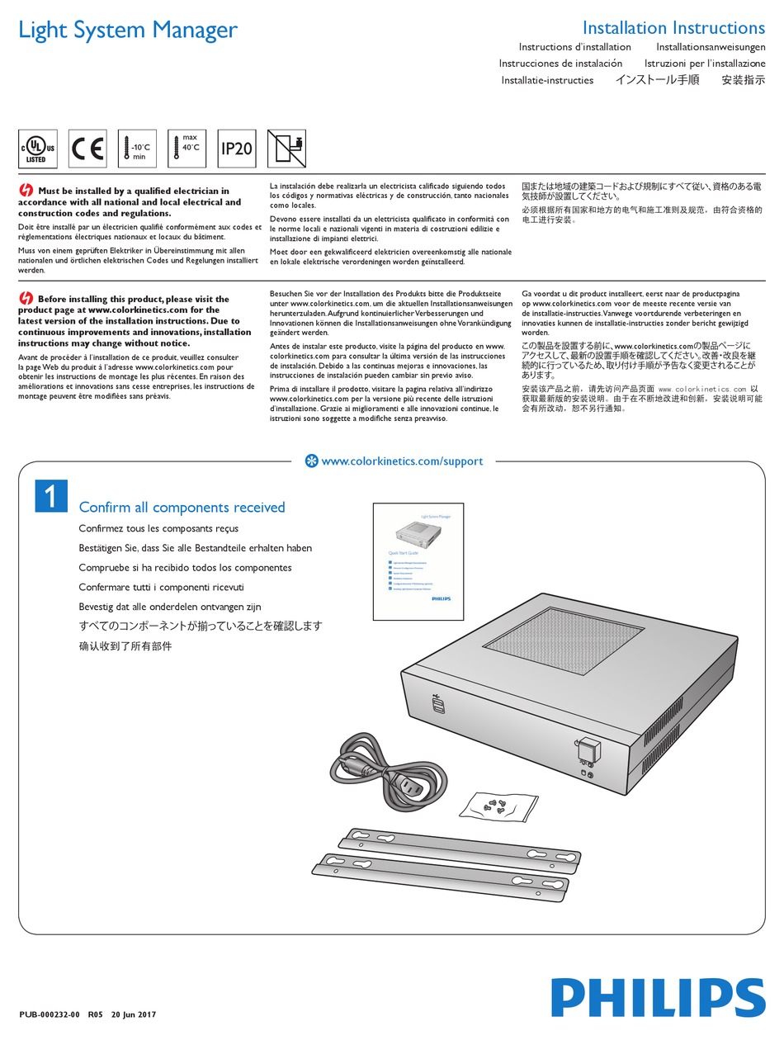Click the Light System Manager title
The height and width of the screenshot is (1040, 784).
coord(128,30)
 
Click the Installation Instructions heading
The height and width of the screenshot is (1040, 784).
coord(673,28)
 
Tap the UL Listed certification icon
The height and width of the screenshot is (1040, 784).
coord(37,149)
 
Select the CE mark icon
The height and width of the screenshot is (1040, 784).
coord(87,149)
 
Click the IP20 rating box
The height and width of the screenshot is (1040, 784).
coord(236,149)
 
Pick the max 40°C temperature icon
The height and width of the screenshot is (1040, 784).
coord(187,149)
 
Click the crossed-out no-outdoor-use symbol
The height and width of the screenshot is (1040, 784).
coord(286,149)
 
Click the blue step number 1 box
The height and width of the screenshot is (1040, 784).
coord(51,495)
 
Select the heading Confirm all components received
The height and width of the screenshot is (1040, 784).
coord(182,508)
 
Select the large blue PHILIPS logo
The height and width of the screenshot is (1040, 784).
coord(658,997)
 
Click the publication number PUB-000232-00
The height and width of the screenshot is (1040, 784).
coord(49,1014)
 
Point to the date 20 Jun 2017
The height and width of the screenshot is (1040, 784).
coord(134,1014)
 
